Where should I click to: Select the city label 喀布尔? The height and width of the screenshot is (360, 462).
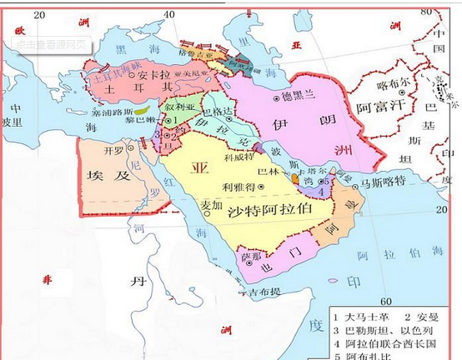[x=394, y=84]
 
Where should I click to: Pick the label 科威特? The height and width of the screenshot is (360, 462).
[x=239, y=156]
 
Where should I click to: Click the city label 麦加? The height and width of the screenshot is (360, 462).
[x=213, y=204]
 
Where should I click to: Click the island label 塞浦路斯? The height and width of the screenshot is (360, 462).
[x=112, y=109]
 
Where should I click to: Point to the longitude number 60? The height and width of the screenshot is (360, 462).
[x=386, y=301]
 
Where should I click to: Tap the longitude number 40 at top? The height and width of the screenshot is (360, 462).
[x=169, y=14]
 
